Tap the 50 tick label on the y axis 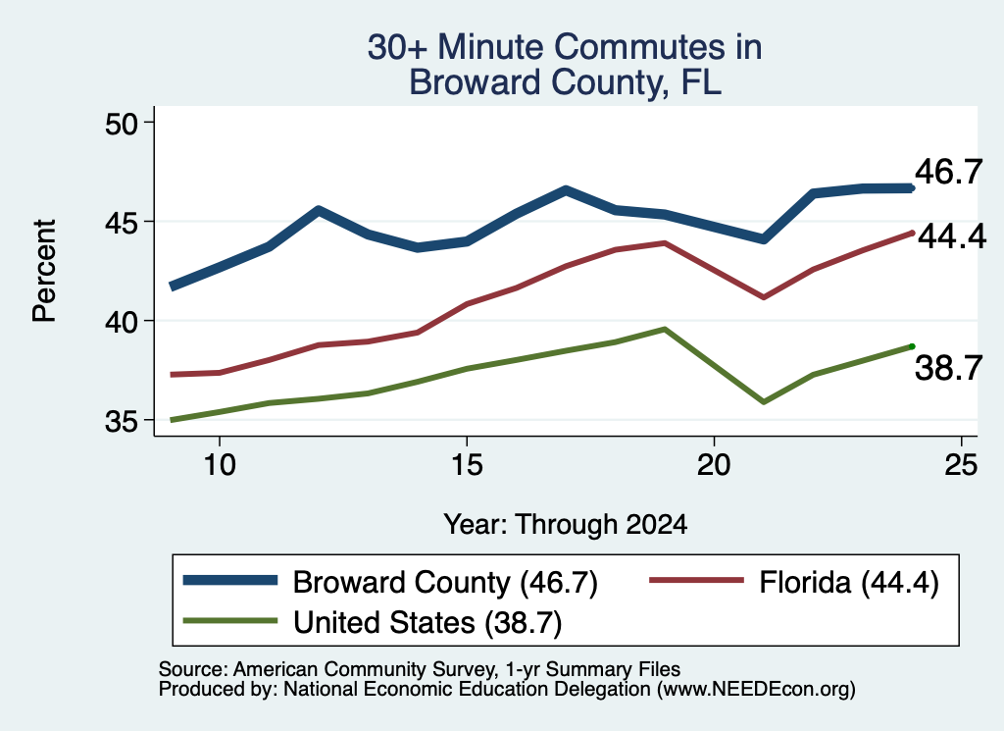pos(122,124)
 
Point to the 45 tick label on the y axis pos(122,223)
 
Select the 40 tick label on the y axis pos(122,322)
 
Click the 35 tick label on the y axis pos(122,421)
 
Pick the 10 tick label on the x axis pos(220,464)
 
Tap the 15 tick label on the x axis pos(467,464)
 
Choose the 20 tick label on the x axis pos(714,464)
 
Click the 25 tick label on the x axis pos(961,464)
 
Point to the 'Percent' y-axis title pos(45,271)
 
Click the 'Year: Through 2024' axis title pos(566,525)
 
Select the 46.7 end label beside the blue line pos(948,172)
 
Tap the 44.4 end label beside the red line pos(952,236)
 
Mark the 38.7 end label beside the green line pos(948,368)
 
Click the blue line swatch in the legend pos(230,581)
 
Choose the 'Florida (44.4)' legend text pos(849,583)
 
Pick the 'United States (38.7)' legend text pos(427,623)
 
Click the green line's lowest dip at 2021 pos(763,401)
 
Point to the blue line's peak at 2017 pos(566,189)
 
